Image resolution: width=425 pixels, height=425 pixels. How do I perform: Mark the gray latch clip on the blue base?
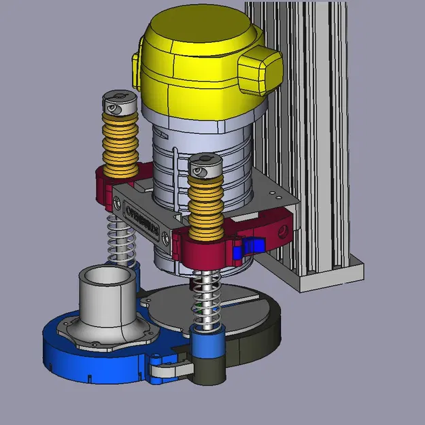(170, 370)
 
